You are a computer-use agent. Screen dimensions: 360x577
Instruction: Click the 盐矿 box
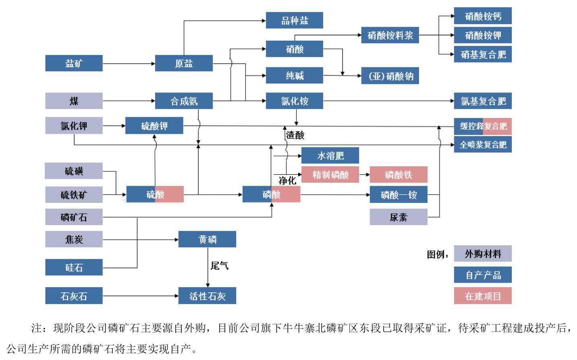[x=74, y=63]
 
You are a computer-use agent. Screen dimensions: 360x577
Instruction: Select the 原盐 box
[x=184, y=63]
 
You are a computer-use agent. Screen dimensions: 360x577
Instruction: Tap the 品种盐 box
[x=295, y=21]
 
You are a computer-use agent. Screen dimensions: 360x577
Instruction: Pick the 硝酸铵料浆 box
[x=390, y=35]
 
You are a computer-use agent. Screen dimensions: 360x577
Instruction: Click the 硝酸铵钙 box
[x=483, y=16]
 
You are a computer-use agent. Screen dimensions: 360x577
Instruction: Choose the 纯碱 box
[x=295, y=76]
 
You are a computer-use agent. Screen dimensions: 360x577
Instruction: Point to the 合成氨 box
[x=184, y=101]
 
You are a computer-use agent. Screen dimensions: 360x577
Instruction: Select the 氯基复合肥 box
[x=483, y=101]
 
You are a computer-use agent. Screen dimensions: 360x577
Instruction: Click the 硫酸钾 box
[x=154, y=126]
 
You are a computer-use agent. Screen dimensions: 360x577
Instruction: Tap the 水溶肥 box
[x=330, y=156]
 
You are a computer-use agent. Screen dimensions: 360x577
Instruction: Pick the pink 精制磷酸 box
[x=330, y=175]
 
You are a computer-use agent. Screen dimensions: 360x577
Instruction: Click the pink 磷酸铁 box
[x=399, y=175]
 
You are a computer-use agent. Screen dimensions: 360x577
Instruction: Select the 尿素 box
[x=399, y=217]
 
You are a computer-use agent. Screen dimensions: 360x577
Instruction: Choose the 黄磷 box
[x=207, y=240]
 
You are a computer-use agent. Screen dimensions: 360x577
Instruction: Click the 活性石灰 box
[x=207, y=296]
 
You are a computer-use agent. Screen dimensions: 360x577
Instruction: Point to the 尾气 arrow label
[x=220, y=266]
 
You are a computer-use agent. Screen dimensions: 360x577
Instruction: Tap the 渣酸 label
[x=295, y=135]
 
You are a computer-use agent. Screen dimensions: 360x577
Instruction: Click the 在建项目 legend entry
[x=483, y=296]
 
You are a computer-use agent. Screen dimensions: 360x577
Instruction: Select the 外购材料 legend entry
[x=483, y=254]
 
